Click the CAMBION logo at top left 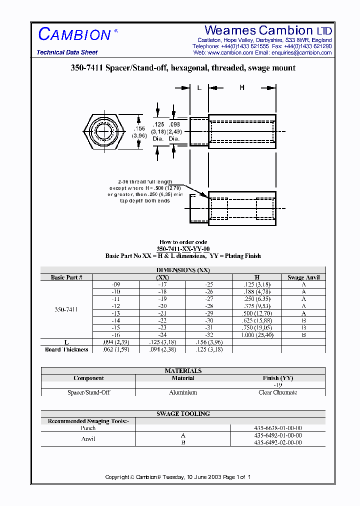[x=74, y=34]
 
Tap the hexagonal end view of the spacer [x=104, y=132]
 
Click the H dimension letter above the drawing [x=242, y=88]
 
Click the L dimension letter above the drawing [x=199, y=88]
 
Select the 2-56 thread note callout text [x=144, y=191]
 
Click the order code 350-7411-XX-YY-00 [x=183, y=249]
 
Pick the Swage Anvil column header [x=303, y=277]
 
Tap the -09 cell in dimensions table [x=116, y=284]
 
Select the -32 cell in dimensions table [x=208, y=335]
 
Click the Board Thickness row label [x=66, y=349]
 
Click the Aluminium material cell [x=183, y=392]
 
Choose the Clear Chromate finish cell [x=278, y=392]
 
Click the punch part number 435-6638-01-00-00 [x=278, y=428]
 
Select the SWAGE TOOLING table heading [x=183, y=414]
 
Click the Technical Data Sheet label [x=67, y=52]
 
